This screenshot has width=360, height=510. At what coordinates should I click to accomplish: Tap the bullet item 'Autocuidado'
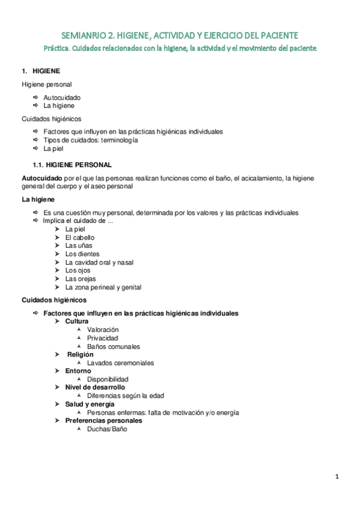(x=62, y=97)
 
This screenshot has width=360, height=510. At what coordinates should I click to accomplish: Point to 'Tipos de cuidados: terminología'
(x=91, y=140)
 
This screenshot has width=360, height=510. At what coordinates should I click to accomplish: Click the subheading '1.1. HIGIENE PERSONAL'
(x=72, y=165)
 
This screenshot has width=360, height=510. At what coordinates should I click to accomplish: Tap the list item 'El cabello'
(x=80, y=238)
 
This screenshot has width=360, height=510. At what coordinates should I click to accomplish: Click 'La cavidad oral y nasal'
(x=99, y=262)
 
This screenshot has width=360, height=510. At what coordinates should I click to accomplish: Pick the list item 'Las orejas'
(x=81, y=279)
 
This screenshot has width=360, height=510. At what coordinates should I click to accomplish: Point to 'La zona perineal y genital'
(x=103, y=287)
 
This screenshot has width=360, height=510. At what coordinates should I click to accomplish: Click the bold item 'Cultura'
(x=77, y=321)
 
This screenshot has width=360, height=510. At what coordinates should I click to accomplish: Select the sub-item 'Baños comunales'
(x=114, y=346)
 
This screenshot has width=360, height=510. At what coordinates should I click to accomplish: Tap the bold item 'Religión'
(x=80, y=355)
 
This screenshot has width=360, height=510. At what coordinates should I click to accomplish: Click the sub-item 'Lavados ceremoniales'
(x=120, y=363)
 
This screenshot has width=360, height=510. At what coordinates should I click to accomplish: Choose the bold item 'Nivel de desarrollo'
(x=95, y=388)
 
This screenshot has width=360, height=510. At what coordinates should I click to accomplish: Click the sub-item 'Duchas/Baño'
(x=107, y=429)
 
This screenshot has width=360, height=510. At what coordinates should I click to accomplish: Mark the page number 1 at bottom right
(x=337, y=477)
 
